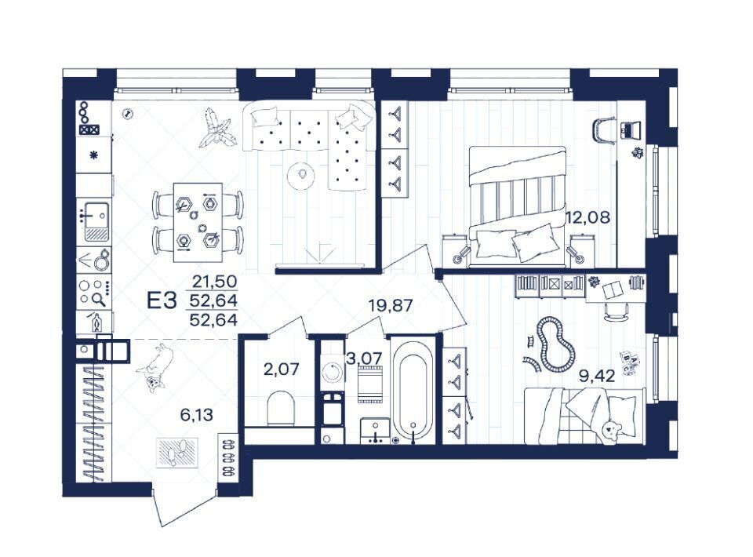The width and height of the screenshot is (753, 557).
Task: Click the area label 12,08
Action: pos(588,217)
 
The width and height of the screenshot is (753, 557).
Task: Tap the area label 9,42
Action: pos(597,376)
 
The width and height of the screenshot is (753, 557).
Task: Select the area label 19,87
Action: pos(391,304)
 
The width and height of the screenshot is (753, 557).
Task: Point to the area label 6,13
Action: pos(196,414)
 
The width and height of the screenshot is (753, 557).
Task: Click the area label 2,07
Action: pos(282,370)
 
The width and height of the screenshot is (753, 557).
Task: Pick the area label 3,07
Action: pos(365,358)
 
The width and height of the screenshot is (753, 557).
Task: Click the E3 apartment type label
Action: pos(162,300)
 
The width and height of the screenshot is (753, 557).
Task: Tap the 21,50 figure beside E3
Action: pos(215,282)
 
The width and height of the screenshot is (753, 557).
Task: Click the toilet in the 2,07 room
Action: pos(281,408)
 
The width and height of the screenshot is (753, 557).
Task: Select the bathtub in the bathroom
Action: pos(413,391)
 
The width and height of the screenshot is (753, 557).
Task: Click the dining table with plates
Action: pos(198,222)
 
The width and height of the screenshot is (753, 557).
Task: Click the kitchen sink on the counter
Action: pos(96,222)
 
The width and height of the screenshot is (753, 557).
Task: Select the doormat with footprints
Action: pos(177,453)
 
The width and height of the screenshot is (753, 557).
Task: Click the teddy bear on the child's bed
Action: pos(611,429)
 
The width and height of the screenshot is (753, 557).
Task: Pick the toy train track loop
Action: pos(555,344)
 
